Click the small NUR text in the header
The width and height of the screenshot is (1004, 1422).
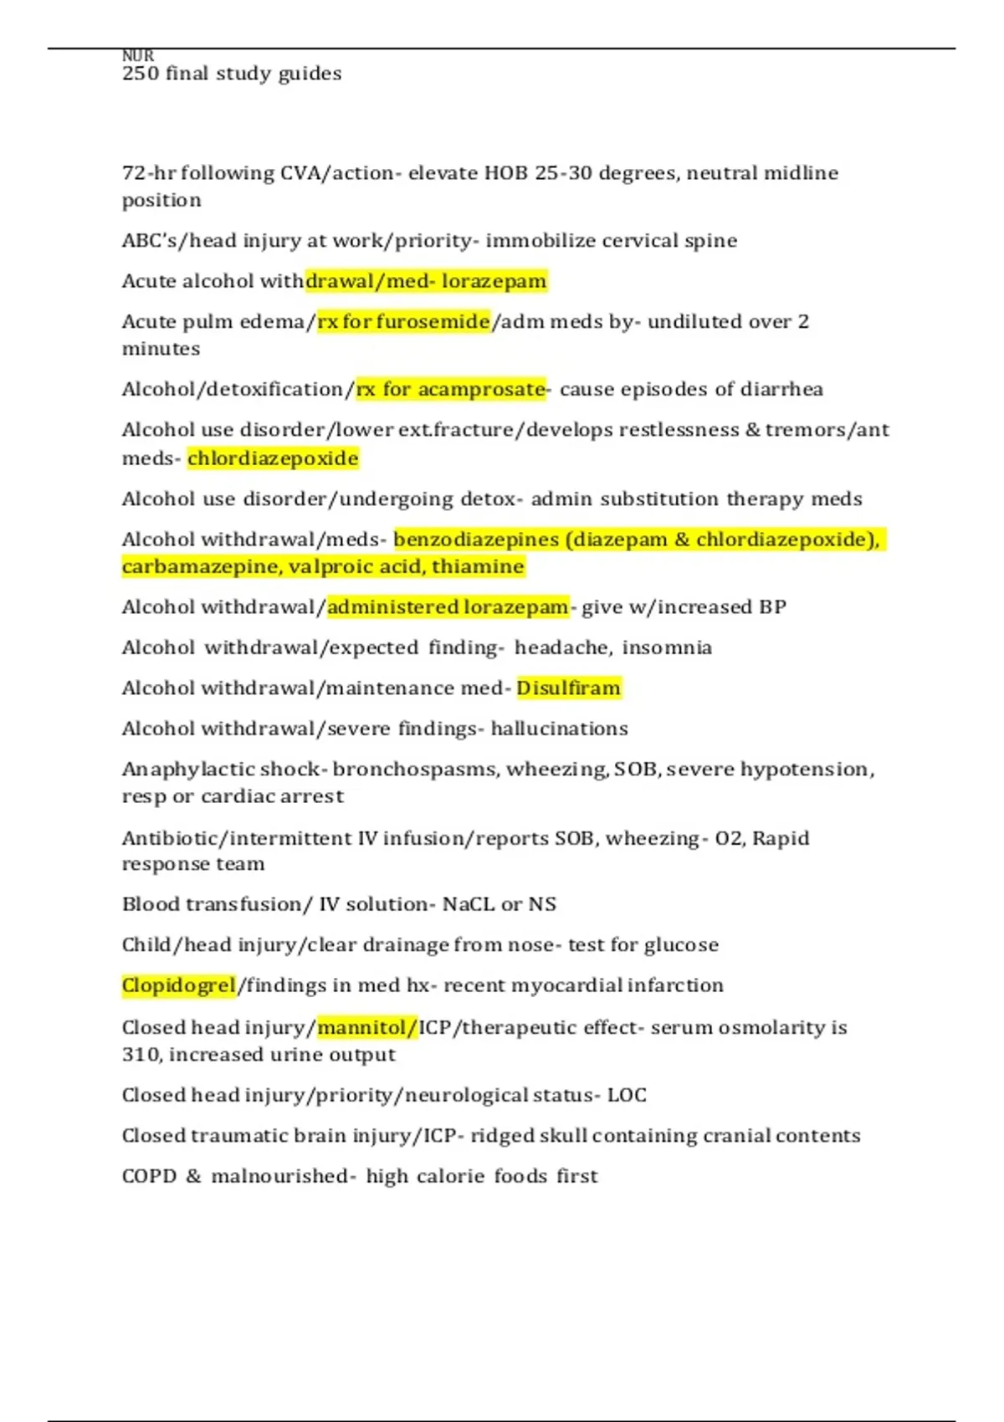[138, 55]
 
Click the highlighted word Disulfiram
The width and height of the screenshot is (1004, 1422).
[568, 688]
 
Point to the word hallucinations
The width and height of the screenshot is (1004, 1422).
[559, 729]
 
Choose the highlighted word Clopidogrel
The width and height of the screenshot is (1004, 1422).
[178, 986]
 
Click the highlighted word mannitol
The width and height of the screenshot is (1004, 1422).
[362, 1027]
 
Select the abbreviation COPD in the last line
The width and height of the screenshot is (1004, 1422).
[148, 1177]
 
